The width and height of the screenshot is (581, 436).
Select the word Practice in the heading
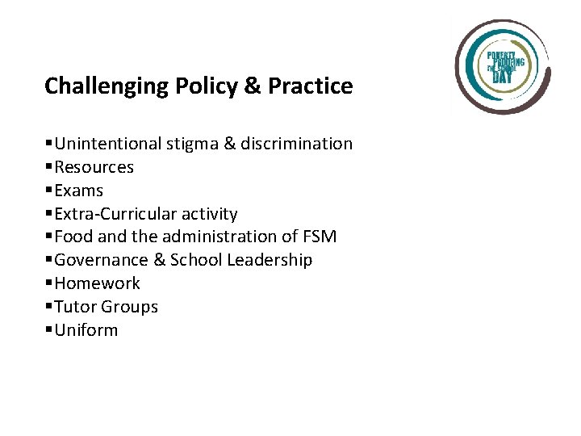click(310, 86)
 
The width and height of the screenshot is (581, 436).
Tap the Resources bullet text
click(94, 167)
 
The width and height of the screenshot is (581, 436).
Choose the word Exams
click(79, 191)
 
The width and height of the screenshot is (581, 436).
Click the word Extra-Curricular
click(108, 214)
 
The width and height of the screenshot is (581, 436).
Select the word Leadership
click(270, 260)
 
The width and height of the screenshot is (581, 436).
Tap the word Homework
click(98, 283)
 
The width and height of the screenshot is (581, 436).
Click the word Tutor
click(77, 307)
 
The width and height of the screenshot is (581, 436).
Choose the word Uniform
click(86, 330)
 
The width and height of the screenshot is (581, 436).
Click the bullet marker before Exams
click(49, 191)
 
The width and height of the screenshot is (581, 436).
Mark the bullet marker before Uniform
click(49, 331)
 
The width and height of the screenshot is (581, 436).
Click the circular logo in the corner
click(503, 66)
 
